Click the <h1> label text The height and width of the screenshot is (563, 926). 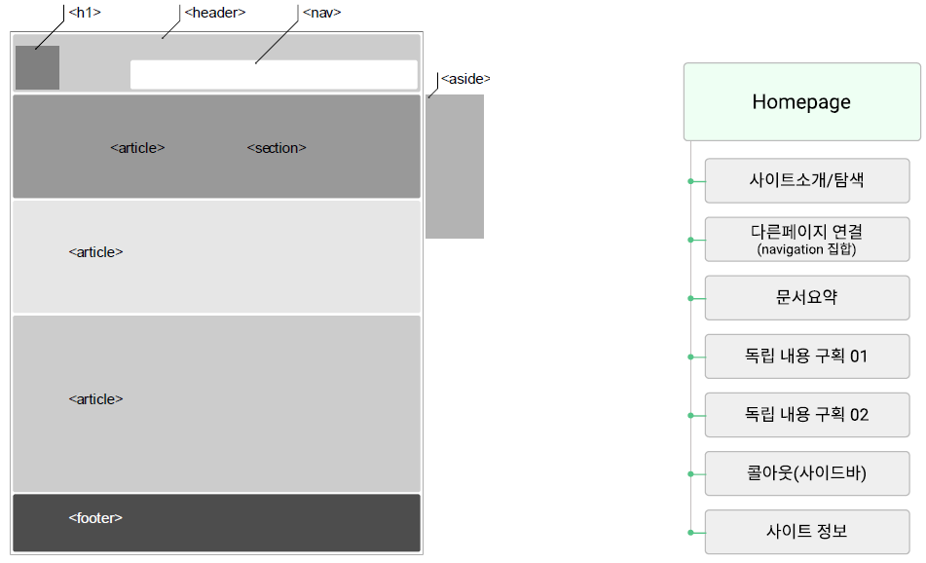[x=85, y=13]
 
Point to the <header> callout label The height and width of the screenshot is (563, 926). [x=214, y=13]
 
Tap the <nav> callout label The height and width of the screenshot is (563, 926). [x=321, y=13]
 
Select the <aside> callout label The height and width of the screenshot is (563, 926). [x=465, y=79]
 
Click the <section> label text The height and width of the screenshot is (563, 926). [x=277, y=148]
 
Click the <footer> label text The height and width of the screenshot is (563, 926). [x=95, y=518]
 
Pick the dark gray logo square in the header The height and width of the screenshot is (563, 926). [x=37, y=67]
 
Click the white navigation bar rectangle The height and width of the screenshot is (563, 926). [x=274, y=75]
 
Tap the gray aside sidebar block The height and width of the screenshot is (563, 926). [x=455, y=167]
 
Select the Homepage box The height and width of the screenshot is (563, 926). [x=801, y=102]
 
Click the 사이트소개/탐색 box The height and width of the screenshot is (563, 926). [x=807, y=181]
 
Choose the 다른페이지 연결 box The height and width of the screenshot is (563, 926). [x=807, y=233]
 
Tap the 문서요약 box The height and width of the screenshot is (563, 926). [x=807, y=298]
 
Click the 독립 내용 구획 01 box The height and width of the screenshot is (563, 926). [x=807, y=357]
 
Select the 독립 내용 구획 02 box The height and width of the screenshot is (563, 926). [x=807, y=415]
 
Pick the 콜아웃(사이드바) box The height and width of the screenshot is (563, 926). [x=807, y=474]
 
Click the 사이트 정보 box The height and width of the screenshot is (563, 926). [x=807, y=532]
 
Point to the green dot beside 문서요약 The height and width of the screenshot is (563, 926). [x=690, y=298]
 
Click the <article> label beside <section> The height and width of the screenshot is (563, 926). [x=137, y=148]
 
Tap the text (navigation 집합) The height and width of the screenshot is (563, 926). [x=806, y=250]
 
